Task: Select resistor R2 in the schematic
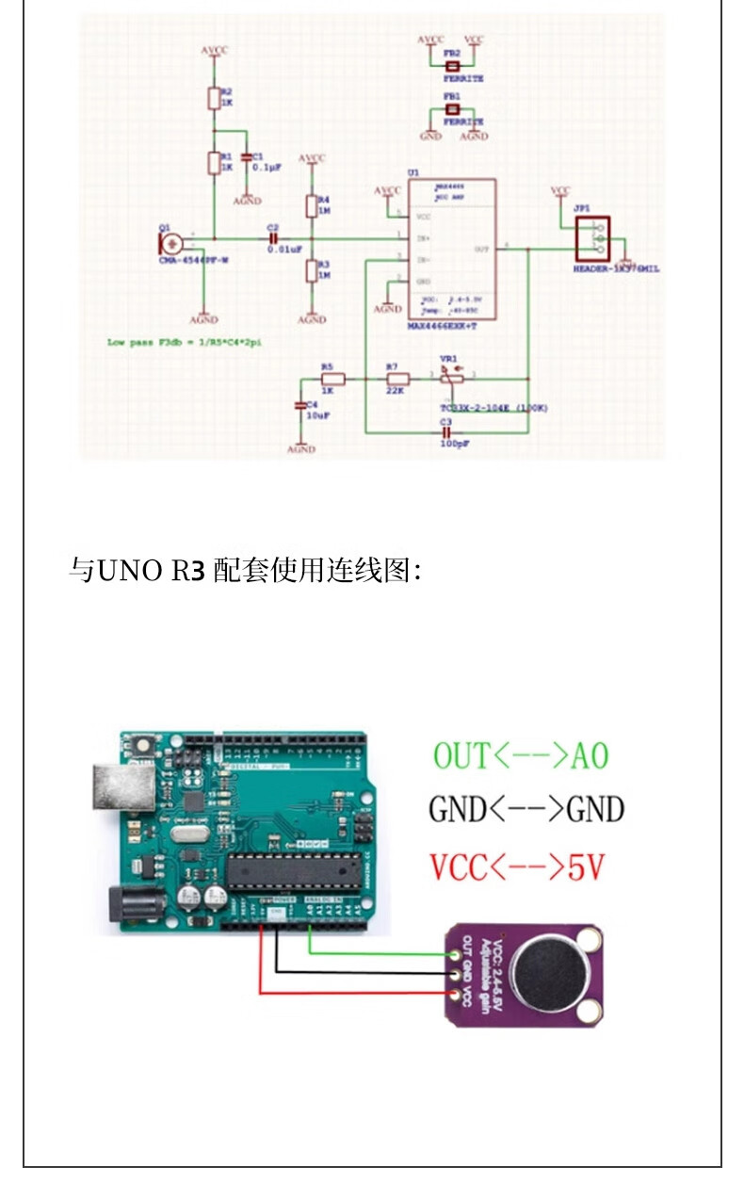pyautogui.click(x=214, y=99)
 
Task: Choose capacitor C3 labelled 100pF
pyautogui.click(x=446, y=431)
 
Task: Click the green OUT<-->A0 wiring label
pyautogui.click(x=521, y=755)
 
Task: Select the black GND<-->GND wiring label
pyautogui.click(x=526, y=809)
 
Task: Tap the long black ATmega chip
pyautogui.click(x=296, y=870)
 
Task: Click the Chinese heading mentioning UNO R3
pyautogui.click(x=245, y=570)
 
